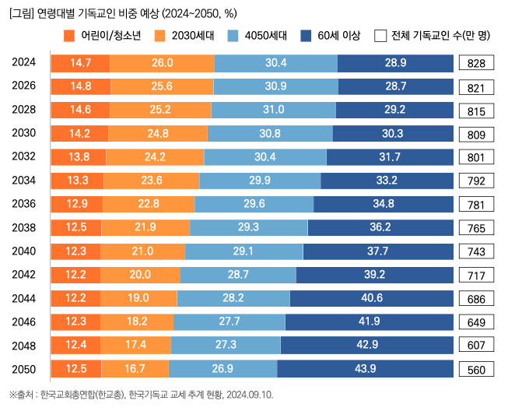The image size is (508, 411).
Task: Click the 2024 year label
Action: [24, 62]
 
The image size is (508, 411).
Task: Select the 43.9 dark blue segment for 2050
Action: [365, 369]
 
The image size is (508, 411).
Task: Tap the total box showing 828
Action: [476, 63]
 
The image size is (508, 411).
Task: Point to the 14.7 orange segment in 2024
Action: [80, 63]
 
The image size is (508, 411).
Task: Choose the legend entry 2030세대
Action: [182, 35]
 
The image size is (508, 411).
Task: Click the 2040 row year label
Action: [24, 251]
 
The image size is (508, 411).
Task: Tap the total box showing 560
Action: [476, 369]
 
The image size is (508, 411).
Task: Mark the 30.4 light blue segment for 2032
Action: [265, 157]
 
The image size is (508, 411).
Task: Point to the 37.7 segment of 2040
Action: [378, 251]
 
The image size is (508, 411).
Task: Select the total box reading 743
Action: [476, 251]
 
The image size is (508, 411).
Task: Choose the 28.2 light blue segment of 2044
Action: [233, 298]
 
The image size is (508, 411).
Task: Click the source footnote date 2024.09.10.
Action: [250, 395]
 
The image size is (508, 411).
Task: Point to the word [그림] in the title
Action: [22, 13]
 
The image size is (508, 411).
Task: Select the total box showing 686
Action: [476, 298]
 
